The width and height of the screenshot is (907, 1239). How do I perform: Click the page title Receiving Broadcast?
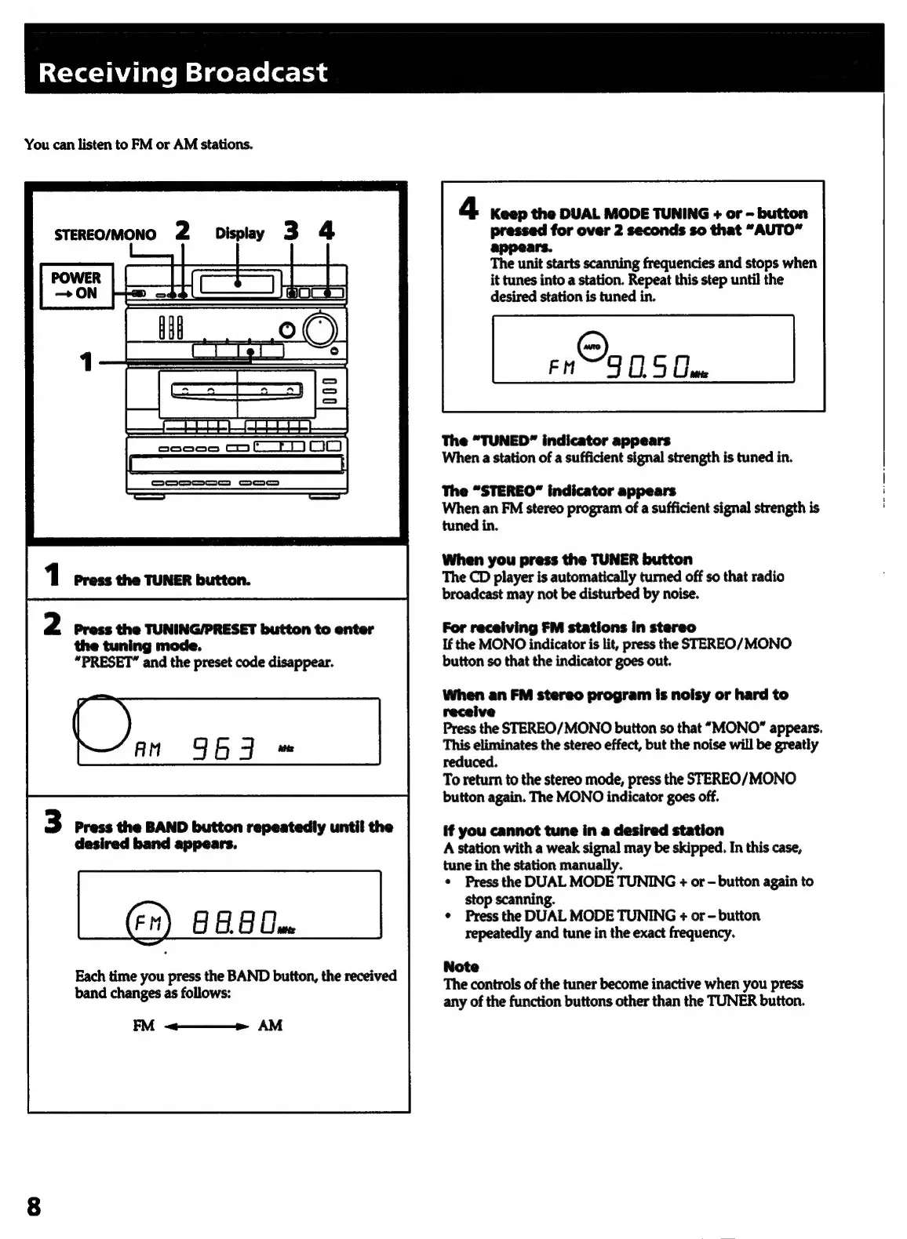[183, 73]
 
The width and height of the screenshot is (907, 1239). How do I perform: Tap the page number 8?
[34, 1206]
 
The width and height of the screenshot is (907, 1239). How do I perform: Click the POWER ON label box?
[76, 285]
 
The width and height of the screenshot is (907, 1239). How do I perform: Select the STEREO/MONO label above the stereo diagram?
[105, 234]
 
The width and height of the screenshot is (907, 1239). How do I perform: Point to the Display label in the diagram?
[239, 233]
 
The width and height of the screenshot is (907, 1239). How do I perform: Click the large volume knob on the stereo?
[321, 329]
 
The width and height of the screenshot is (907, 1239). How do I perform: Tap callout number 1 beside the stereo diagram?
[86, 362]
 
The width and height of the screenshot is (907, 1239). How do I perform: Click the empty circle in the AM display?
[102, 724]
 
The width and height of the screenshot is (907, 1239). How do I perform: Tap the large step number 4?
[468, 210]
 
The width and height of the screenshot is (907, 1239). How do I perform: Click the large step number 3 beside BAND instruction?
[53, 823]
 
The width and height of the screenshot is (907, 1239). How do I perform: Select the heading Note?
[461, 966]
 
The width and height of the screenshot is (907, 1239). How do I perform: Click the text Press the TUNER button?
[162, 580]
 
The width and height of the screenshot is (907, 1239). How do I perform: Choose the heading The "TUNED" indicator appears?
[555, 440]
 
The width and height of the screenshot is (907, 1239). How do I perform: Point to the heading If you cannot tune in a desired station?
[583, 830]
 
